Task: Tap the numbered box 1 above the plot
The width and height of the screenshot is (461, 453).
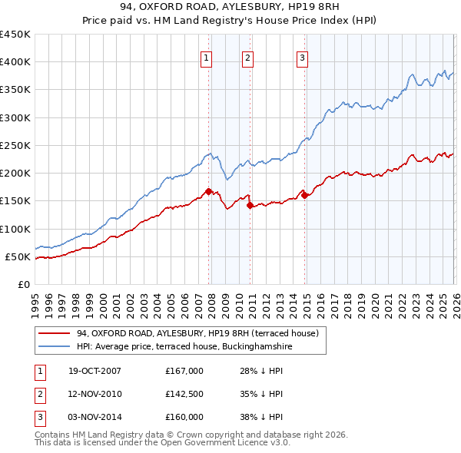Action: click(x=207, y=57)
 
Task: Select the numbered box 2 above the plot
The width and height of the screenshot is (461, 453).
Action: click(x=248, y=57)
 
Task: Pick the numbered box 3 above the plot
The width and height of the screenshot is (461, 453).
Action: click(x=303, y=57)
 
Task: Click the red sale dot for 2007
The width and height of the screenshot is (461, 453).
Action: click(x=208, y=191)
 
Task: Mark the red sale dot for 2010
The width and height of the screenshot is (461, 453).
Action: click(x=250, y=204)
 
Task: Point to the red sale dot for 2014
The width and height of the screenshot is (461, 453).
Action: click(x=304, y=195)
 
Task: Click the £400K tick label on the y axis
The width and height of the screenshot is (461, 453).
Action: click(x=15, y=62)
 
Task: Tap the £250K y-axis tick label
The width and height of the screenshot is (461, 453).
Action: click(x=15, y=145)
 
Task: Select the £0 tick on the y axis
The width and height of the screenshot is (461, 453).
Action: click(x=24, y=284)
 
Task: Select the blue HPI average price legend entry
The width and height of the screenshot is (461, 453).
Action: click(x=184, y=347)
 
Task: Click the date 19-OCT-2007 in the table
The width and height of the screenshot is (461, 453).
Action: click(x=95, y=371)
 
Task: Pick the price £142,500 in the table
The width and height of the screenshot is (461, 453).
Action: click(x=184, y=394)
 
